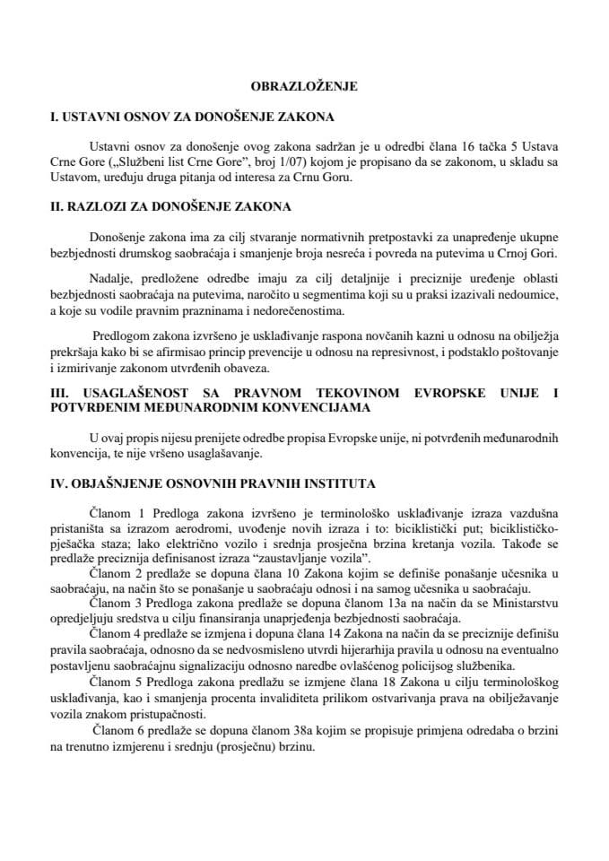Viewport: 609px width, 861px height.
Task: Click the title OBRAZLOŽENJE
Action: click(303, 87)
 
